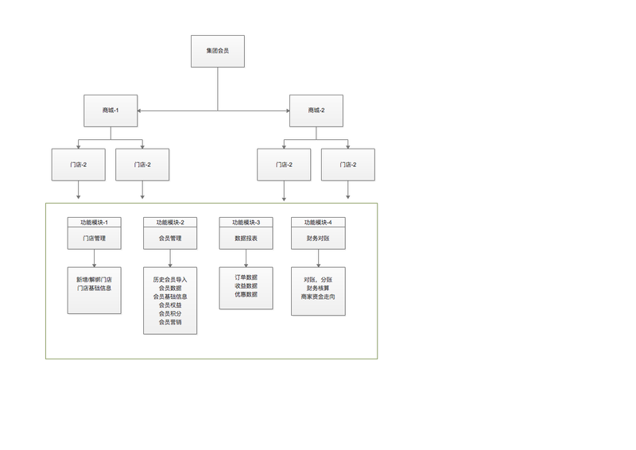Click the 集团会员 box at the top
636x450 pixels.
click(217, 51)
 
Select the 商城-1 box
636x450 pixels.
click(111, 110)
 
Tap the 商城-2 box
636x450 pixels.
click(316, 110)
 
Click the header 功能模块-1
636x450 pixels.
click(94, 222)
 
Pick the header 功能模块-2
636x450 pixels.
click(170, 222)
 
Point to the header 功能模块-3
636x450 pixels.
click(246, 222)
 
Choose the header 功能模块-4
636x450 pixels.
click(318, 222)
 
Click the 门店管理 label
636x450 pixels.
click(94, 238)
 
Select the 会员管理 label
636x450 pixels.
click(170, 238)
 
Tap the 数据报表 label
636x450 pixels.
click(246, 238)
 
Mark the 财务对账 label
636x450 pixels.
click(318, 238)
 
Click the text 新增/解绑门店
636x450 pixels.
click(94, 280)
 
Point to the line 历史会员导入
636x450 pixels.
click(170, 280)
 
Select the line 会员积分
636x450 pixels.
click(170, 313)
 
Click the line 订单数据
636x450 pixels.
click(246, 277)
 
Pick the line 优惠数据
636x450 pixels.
click(246, 294)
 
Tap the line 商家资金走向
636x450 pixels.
click(318, 297)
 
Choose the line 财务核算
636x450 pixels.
click(318, 288)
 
